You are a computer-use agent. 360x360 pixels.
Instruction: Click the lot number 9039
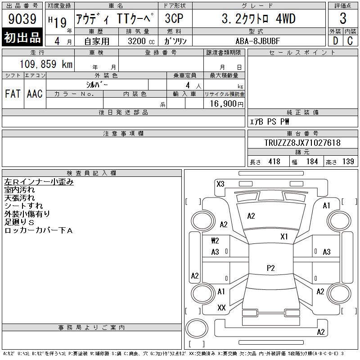tap(22, 18)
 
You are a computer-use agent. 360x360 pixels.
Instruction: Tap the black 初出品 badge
tap(22, 37)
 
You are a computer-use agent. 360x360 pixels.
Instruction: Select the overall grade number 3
tap(343, 18)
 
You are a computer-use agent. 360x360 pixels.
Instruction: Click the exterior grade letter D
tap(335, 41)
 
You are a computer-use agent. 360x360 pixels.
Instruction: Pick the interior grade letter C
tap(350, 41)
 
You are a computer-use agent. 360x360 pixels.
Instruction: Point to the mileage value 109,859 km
tap(46, 64)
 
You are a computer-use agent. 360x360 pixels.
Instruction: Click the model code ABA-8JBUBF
tap(258, 41)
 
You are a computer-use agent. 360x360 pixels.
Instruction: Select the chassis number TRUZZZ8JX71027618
tap(302, 143)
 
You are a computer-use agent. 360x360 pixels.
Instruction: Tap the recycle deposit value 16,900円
tap(226, 104)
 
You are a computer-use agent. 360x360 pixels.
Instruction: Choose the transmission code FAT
tap(13, 94)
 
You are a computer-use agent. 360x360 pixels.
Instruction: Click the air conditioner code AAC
tap(35, 94)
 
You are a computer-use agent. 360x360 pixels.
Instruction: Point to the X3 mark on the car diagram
tap(220, 184)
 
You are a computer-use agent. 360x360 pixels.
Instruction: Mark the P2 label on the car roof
tap(271, 268)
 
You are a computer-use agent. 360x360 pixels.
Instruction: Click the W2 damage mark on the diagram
tap(215, 241)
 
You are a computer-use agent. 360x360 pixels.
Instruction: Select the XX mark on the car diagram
tap(221, 308)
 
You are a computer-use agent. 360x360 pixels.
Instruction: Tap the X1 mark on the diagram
tap(284, 237)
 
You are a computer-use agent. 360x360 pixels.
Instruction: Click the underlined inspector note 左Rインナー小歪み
tap(39, 182)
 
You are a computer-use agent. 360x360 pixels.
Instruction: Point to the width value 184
tap(312, 162)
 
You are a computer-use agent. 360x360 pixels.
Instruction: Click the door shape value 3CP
tap(174, 18)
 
